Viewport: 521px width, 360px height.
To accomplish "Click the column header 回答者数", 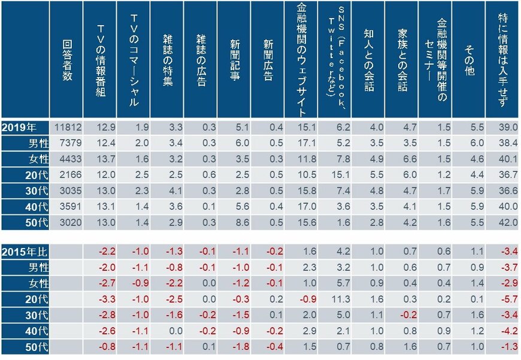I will coord(66,59).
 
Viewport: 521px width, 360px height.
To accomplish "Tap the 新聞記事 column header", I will coord(235,59).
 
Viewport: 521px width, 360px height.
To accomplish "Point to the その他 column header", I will coord(469,59).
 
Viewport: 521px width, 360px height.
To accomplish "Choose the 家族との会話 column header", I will coord(402,59).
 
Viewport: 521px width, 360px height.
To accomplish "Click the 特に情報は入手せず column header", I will coord(503,59).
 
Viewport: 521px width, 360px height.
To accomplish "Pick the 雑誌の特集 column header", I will coord(168,59).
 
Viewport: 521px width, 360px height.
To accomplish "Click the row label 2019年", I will coord(24,126).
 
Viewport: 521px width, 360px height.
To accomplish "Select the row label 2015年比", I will coord(24,250).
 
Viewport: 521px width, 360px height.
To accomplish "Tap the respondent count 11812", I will coord(66,126).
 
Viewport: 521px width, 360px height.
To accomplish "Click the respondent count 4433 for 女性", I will coord(66,158).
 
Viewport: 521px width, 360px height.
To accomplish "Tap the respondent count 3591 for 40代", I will coord(66,206).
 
